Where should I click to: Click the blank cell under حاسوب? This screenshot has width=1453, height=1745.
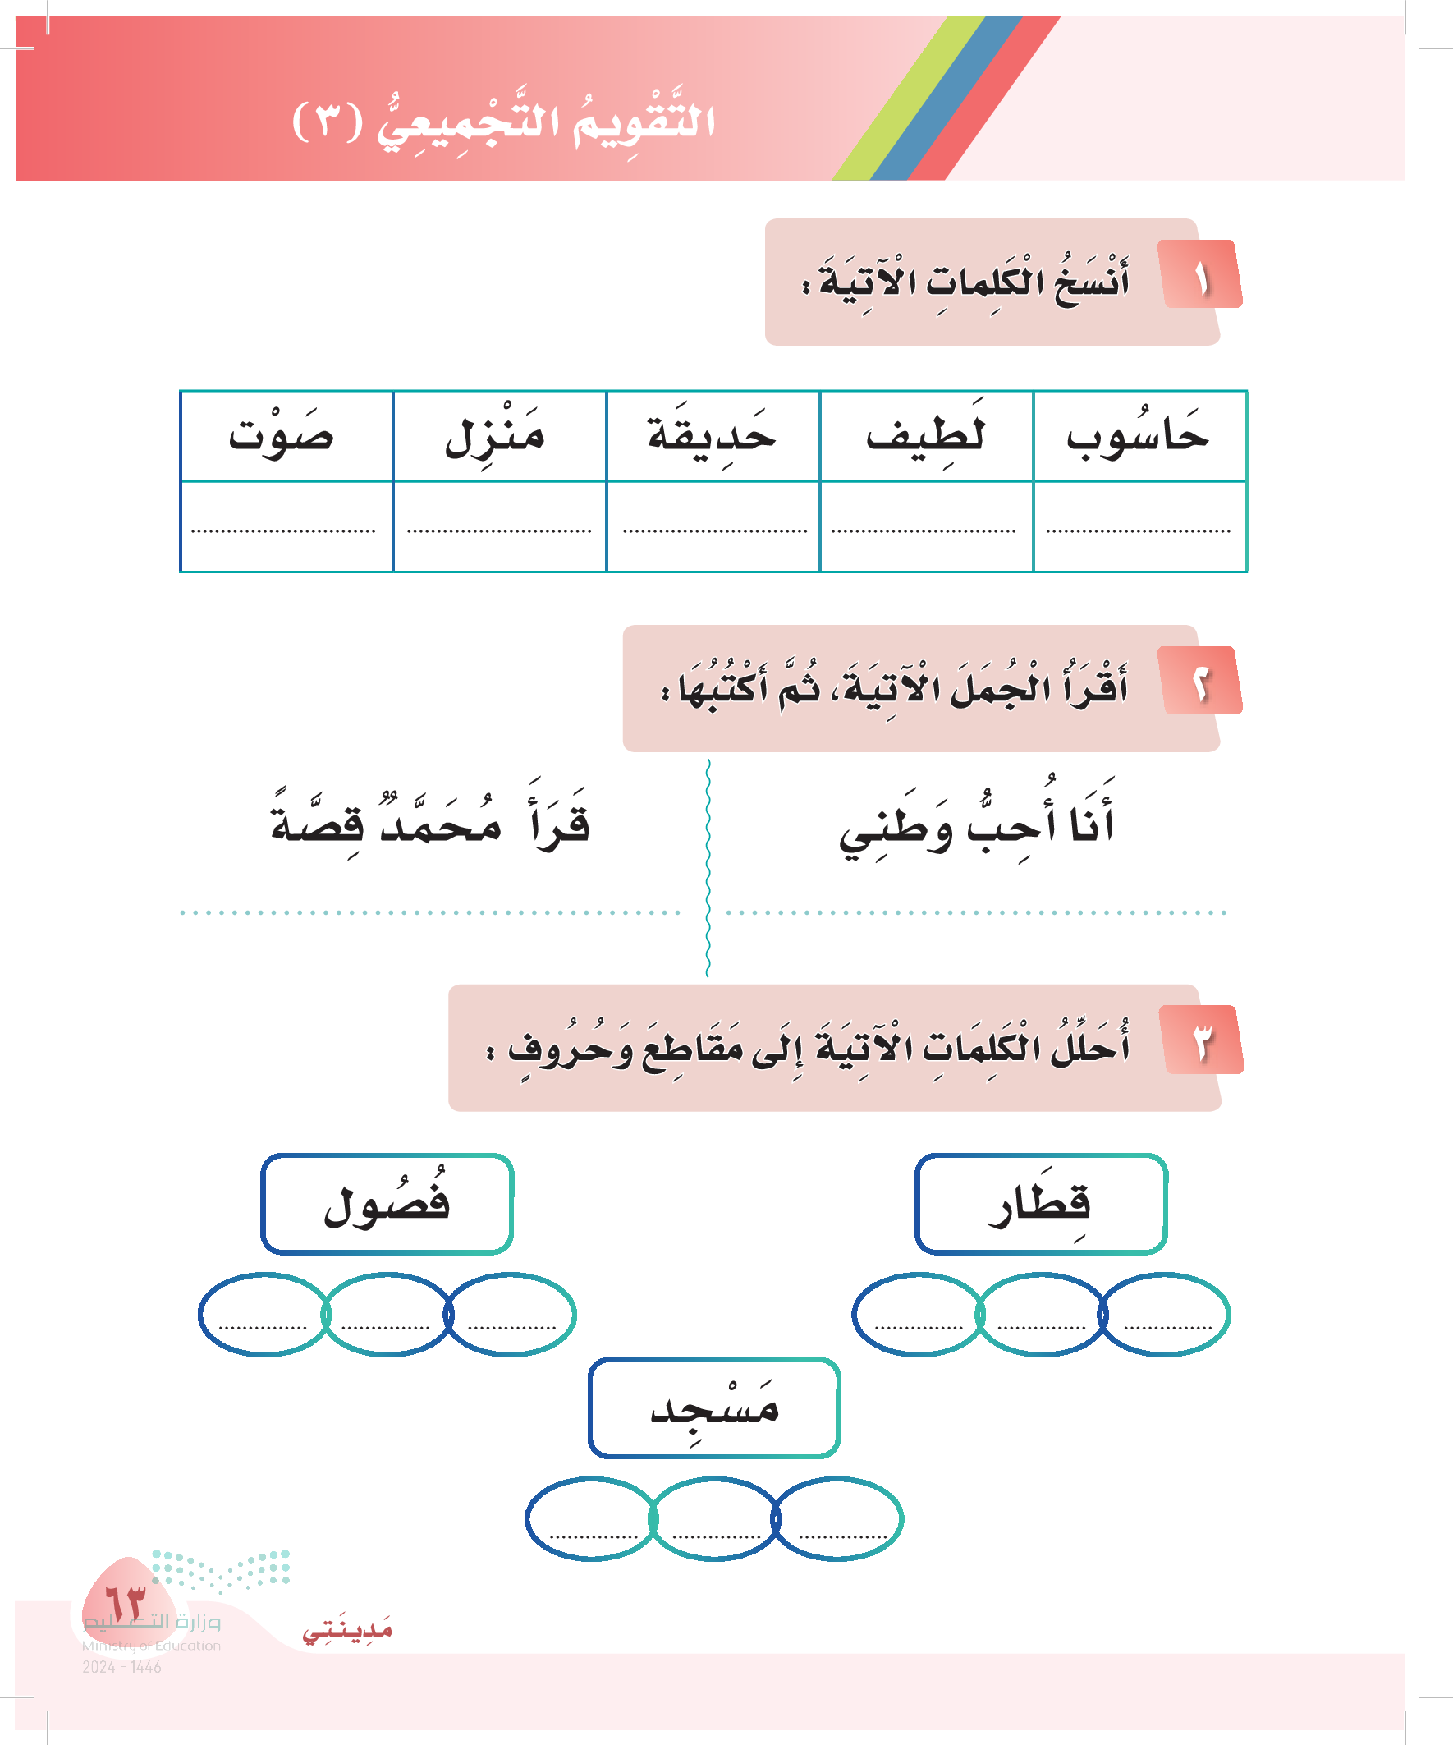pos(1139,526)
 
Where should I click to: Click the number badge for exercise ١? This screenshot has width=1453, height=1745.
pos(1201,275)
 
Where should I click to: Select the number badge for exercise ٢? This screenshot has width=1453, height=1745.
pos(1201,681)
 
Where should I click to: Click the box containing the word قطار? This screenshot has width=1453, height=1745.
pos(1041,1203)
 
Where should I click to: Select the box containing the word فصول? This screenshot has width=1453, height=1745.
pos(387,1203)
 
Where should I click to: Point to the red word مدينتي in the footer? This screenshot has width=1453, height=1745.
pos(347,1631)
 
